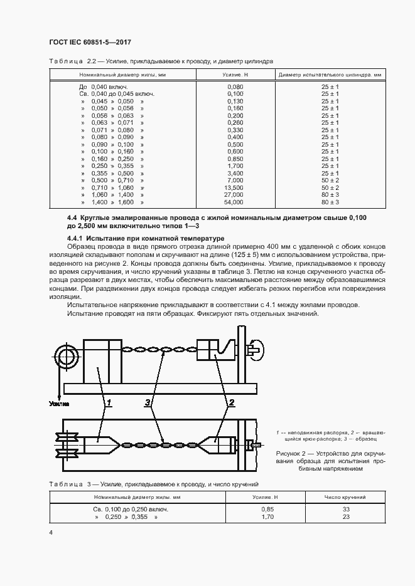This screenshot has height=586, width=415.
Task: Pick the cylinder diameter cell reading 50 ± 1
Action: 330,181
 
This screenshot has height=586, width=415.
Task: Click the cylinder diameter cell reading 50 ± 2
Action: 330,188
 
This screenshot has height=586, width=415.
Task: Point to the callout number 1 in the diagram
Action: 109,402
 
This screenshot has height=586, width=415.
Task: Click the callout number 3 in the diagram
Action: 148,402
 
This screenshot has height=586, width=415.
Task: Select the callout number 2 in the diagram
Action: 231,402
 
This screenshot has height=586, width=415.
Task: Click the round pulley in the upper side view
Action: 66,357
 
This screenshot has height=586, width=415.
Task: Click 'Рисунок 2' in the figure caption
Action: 292,453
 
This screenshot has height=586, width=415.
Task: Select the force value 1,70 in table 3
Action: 266,517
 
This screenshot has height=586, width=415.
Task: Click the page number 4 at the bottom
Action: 51,532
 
